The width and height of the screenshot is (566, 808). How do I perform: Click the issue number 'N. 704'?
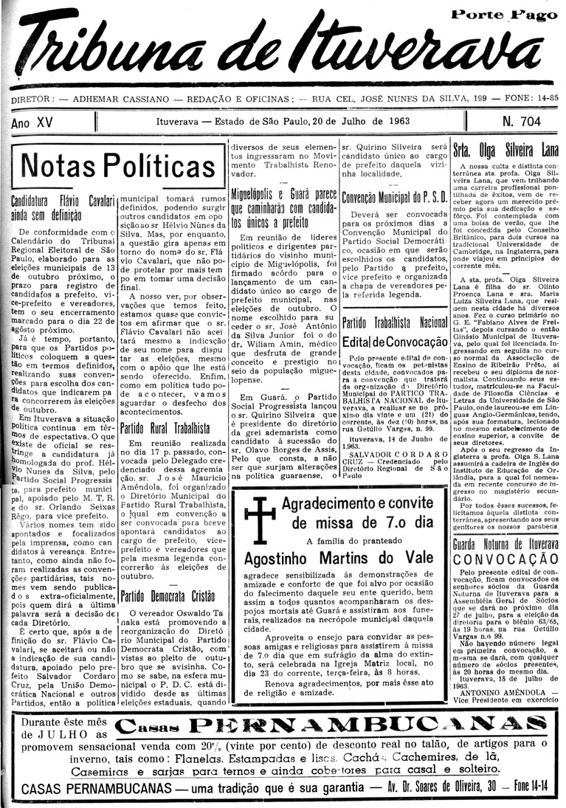[x=521, y=121]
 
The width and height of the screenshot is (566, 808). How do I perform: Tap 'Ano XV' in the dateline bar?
[x=32, y=122]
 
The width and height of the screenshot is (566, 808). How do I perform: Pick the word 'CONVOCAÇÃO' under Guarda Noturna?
[x=506, y=559]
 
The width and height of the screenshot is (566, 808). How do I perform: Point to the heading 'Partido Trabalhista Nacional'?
[x=394, y=322]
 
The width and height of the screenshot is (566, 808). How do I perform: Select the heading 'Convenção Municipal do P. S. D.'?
[x=394, y=197]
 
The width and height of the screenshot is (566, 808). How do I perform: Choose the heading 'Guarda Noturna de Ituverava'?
[x=505, y=544]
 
